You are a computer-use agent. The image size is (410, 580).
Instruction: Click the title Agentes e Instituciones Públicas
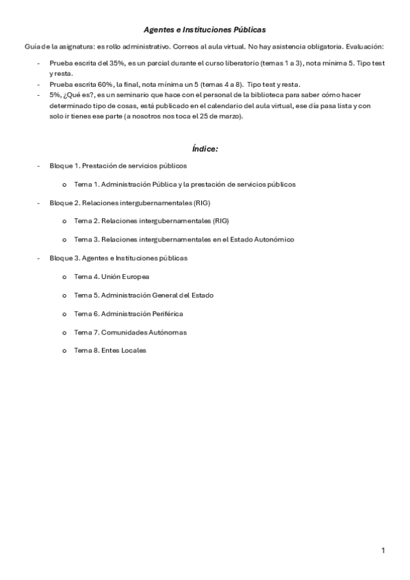point(205,30)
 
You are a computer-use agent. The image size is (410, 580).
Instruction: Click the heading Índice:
point(205,148)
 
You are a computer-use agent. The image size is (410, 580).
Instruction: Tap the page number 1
point(383,551)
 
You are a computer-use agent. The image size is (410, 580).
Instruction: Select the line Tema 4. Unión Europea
point(112,277)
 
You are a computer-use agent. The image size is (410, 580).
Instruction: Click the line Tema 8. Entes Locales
point(110,351)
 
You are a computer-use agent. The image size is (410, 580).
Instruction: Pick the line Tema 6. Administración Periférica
point(128,314)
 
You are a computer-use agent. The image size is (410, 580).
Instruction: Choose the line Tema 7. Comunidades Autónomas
point(130,332)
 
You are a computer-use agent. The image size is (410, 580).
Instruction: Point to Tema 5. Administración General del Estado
point(144,295)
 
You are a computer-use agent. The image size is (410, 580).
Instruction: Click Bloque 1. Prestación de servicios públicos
point(118,166)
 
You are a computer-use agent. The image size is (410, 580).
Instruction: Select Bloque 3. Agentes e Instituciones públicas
point(118,259)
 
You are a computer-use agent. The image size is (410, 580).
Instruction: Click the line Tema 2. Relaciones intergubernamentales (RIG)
point(151,222)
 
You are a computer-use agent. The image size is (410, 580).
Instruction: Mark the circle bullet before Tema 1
point(64,185)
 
